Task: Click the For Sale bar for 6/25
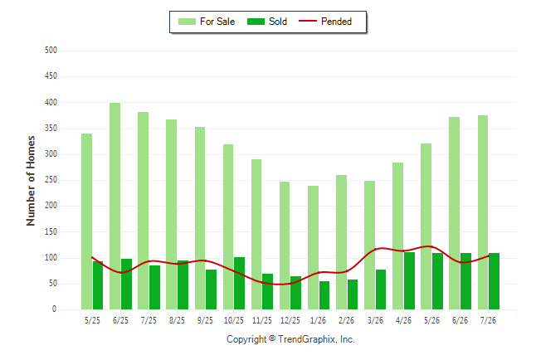click(115, 207)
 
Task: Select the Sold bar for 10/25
click(239, 284)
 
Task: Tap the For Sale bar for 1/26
click(313, 247)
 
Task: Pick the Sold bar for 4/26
click(409, 280)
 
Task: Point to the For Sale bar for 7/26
click(483, 212)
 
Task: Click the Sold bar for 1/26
click(324, 295)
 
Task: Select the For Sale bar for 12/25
click(285, 246)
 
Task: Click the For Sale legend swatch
click(187, 22)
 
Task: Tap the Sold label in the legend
click(278, 22)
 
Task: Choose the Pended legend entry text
click(336, 22)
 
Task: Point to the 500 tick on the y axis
click(51, 51)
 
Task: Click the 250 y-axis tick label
click(51, 180)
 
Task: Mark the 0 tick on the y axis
click(54, 309)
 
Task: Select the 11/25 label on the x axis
click(262, 321)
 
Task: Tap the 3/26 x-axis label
click(375, 321)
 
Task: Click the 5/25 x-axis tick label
click(92, 321)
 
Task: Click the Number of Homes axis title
click(31, 181)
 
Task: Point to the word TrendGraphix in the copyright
click(307, 339)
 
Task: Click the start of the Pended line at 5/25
click(92, 257)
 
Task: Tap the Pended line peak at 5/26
click(429, 246)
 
